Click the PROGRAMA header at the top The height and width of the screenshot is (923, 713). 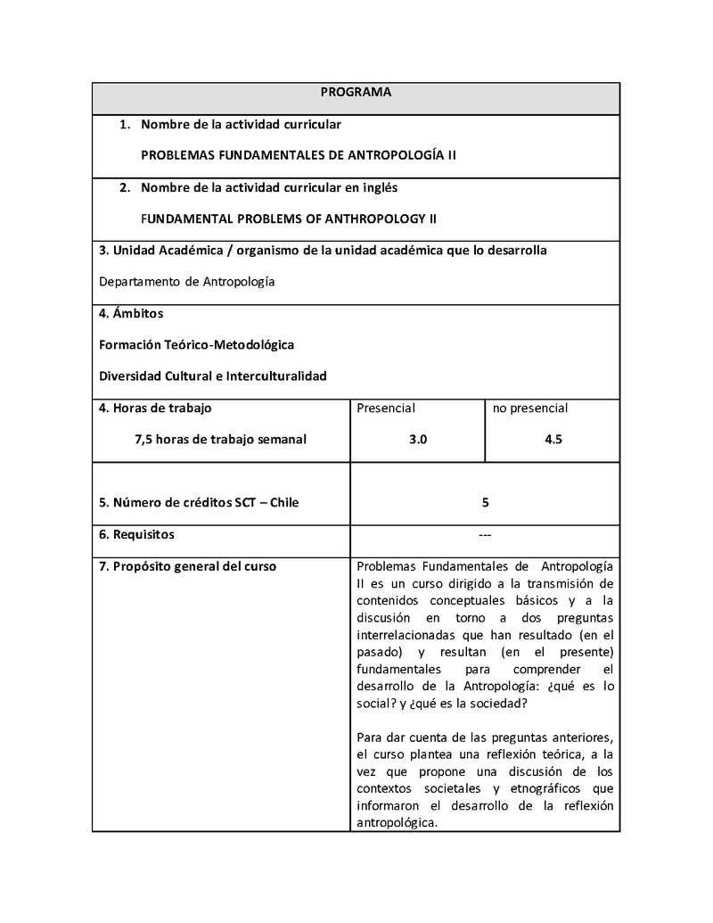coord(356,92)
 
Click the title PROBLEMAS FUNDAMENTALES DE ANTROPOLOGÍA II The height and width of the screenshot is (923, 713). coord(299,155)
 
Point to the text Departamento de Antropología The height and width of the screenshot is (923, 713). coord(187,282)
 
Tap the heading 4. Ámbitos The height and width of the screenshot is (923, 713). coord(131,314)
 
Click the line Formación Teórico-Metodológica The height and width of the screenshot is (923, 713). coord(197,344)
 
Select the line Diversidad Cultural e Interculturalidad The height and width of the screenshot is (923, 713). coord(213,376)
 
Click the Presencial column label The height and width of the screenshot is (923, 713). coord(386,408)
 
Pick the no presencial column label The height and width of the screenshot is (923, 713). coord(530,408)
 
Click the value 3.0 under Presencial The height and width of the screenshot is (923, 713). coord(418,440)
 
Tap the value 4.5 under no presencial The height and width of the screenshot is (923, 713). coord(553,440)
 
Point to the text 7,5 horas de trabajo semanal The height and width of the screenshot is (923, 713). coord(220,440)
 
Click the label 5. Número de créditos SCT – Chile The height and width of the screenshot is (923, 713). coord(199,503)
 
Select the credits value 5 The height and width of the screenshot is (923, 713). coord(485,503)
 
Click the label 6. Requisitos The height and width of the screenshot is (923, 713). coord(136,535)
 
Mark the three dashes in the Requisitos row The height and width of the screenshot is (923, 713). coord(485,535)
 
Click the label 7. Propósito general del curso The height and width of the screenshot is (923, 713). coord(187,566)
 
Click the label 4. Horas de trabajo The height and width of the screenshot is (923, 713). coord(155,408)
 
